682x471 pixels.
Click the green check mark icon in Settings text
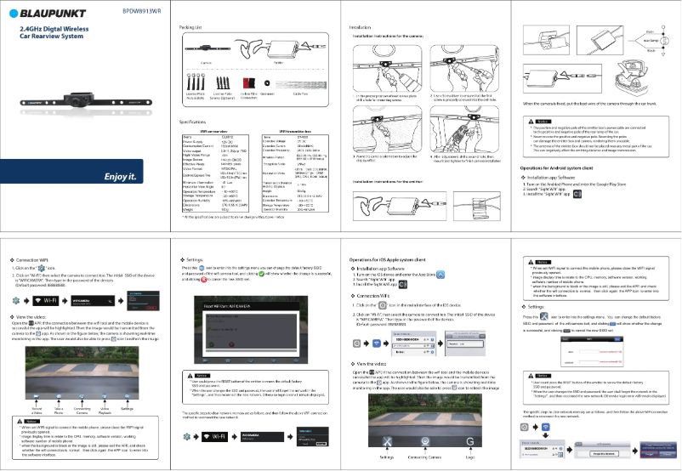pos(264,274)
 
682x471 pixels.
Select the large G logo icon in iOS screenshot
pos(469,439)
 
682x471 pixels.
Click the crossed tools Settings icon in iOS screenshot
pos(388,439)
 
